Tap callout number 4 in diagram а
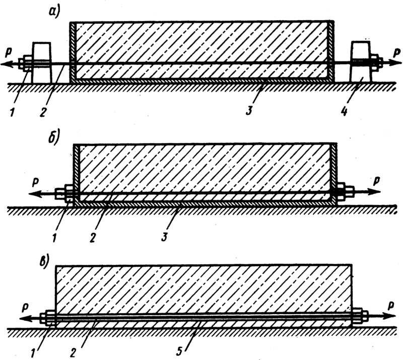pos(345,112)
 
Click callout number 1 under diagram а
pos(12,112)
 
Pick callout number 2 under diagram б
pos(93,238)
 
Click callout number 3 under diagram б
pos(164,237)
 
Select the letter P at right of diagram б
pos(376,181)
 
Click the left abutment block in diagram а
pos(41,62)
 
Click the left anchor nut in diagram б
pos(64,194)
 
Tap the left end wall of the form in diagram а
pos(73,51)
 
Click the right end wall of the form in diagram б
pos(333,173)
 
